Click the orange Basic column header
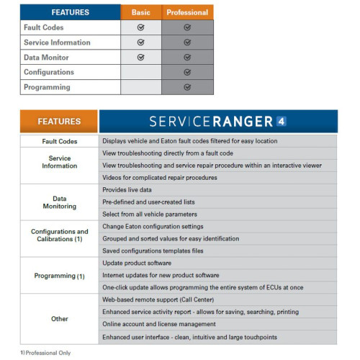tap(140, 12)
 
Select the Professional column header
tap(187, 12)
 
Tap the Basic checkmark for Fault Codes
tap(140, 27)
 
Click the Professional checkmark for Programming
tap(187, 87)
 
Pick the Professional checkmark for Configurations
tap(187, 72)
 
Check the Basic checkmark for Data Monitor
tap(140, 57)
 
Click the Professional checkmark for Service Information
tap(187, 42)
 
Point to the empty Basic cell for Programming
tap(140, 87)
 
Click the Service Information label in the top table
tap(57, 42)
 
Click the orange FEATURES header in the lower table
tap(59, 122)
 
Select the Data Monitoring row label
tap(59, 202)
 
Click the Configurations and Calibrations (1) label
tap(59, 236)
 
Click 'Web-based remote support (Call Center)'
tap(168, 299)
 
